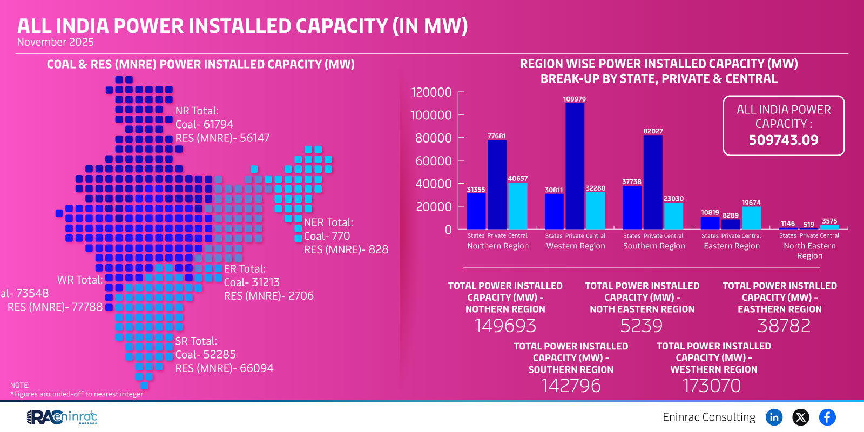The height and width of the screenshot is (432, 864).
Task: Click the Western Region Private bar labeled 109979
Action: tap(575, 166)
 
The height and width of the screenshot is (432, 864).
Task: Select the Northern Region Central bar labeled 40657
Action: tap(517, 206)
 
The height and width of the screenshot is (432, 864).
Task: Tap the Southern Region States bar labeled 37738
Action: tap(632, 207)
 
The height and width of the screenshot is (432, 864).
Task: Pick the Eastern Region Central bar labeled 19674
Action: tap(751, 218)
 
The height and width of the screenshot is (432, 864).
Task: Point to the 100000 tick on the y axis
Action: tap(431, 115)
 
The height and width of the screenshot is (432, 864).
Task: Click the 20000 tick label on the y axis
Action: tap(433, 207)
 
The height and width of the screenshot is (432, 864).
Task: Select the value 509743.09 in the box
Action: tap(783, 140)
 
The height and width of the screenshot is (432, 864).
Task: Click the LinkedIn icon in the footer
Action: tap(774, 417)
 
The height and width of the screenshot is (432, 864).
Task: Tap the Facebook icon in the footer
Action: tap(827, 417)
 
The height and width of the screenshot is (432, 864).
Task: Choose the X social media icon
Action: tap(800, 417)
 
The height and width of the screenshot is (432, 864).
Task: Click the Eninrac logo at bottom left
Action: tap(62, 417)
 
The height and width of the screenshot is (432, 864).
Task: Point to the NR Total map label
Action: tap(197, 111)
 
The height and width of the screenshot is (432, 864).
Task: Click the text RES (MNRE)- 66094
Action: tap(224, 368)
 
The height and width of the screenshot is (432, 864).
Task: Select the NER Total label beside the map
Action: tap(328, 222)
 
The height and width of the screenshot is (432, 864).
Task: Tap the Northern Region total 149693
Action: tap(505, 326)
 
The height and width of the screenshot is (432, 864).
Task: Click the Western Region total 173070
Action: tap(712, 386)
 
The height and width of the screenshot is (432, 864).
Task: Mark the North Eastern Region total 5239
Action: tap(641, 326)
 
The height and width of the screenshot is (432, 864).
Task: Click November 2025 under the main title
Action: tap(55, 42)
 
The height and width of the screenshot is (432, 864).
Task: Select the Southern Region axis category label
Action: tap(653, 246)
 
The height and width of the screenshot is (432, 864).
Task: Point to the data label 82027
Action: tap(653, 131)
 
